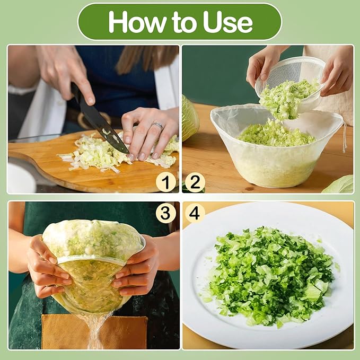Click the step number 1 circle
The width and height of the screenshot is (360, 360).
pos(166,183)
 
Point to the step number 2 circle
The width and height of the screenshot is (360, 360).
pos(195,183)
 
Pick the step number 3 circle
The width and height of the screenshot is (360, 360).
pos(166,213)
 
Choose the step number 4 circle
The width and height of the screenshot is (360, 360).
pos(195,214)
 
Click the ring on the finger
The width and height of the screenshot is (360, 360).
pos(158,126)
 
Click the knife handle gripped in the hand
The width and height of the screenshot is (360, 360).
pos(76,92)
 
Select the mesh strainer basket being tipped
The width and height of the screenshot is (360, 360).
pos(289,78)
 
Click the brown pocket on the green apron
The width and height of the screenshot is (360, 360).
pos(94,332)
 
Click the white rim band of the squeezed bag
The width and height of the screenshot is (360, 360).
pos(92,259)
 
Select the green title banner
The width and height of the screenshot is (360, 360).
pos(180,22)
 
